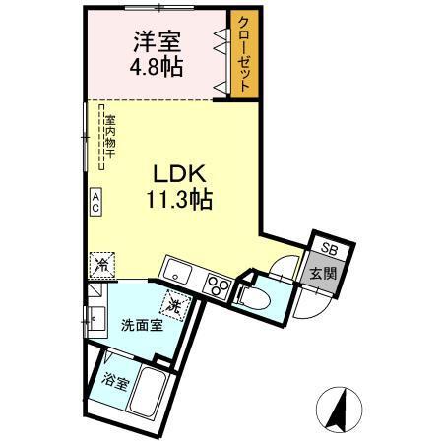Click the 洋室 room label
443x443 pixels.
(157, 43)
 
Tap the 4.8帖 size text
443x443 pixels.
(157, 69)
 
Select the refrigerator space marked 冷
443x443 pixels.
(101, 265)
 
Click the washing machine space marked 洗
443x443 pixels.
(174, 306)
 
